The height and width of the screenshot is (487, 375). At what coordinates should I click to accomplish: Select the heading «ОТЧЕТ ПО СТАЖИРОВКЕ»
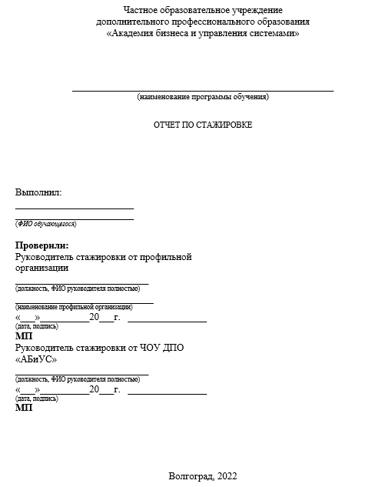tap(203, 124)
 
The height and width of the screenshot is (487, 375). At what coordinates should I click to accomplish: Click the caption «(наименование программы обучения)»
tap(203, 97)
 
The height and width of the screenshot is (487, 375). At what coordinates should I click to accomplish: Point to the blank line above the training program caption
tap(203, 90)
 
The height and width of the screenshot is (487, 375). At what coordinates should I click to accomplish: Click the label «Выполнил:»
tap(38, 192)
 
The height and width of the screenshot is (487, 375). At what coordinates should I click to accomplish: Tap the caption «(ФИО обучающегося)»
tap(46, 224)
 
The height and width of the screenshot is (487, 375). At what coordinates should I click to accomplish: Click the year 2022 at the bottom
tap(227, 475)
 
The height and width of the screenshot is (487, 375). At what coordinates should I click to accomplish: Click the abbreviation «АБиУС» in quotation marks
tap(36, 359)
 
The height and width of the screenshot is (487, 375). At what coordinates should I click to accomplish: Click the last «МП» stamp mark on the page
tap(24, 408)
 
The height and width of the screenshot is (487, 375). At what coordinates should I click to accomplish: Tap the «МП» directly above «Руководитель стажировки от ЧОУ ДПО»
tap(24, 336)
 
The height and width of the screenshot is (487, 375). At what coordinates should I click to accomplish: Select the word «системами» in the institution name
tap(274, 34)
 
